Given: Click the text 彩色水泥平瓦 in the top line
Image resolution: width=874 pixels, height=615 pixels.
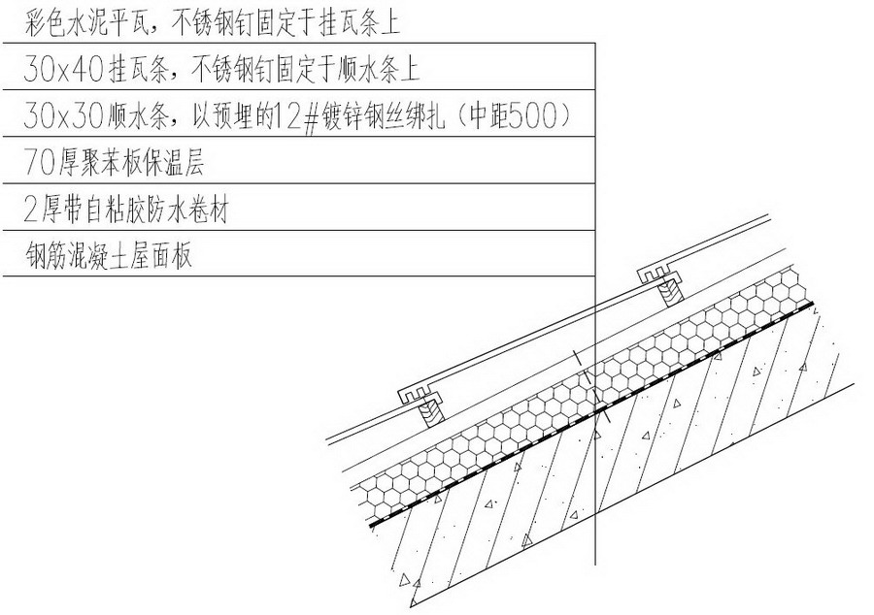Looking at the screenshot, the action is (87, 24).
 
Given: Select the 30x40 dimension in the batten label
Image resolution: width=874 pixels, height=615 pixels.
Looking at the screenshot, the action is (63, 70).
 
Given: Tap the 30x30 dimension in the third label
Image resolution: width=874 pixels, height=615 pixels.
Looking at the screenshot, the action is (63, 115).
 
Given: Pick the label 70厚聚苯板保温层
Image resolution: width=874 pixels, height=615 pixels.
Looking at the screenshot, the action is (115, 163).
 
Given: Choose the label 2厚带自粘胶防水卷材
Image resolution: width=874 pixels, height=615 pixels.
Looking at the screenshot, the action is (126, 210).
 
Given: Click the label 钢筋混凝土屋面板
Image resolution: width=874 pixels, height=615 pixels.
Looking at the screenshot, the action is (109, 255).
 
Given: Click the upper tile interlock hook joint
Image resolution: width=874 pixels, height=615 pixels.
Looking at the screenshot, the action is (661, 274).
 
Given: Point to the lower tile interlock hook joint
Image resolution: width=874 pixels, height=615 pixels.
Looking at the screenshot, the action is (420, 395).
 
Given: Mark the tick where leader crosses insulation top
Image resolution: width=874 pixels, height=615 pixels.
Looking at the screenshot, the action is (583, 368).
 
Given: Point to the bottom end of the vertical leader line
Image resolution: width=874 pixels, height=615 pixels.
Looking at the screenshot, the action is (595, 565).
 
